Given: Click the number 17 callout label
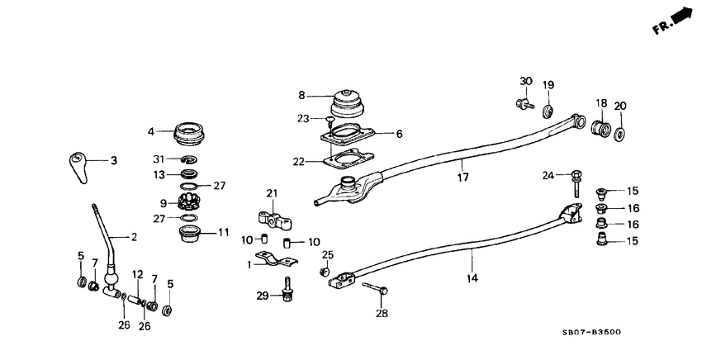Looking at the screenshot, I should click(464, 176).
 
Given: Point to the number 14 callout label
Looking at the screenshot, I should click(472, 279).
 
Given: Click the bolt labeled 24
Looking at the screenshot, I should click(573, 182).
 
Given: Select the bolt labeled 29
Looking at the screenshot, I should click(288, 293).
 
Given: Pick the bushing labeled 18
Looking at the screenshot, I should click(602, 129).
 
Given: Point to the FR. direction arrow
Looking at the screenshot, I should click(680, 17).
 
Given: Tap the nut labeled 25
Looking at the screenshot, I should click(325, 271).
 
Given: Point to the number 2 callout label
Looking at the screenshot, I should click(133, 238).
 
